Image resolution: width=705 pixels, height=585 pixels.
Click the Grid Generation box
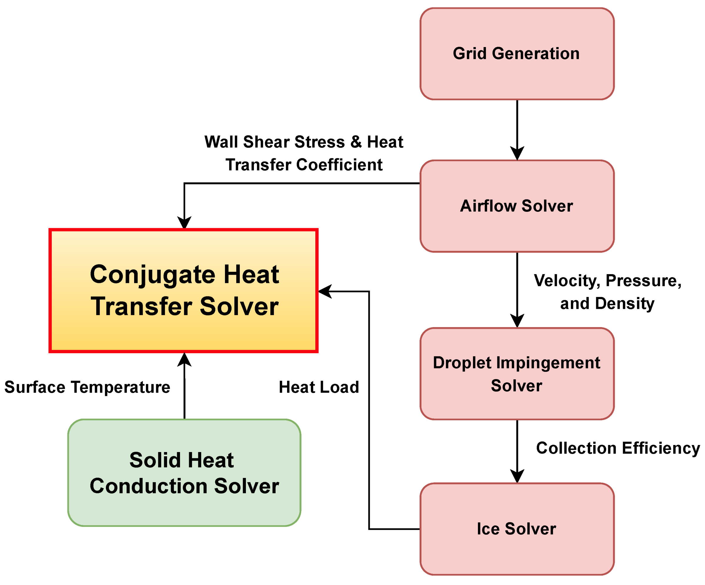tap(517, 54)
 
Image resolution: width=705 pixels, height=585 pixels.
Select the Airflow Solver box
tap(517, 206)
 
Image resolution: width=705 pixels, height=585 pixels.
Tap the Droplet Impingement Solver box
tap(517, 374)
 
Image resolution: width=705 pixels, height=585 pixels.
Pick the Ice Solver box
tap(517, 529)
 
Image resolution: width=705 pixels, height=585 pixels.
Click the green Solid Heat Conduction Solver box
tap(184, 473)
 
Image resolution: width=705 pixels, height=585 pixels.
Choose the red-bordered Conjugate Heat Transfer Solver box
tap(183, 291)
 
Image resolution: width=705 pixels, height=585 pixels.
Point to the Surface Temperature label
tap(87, 387)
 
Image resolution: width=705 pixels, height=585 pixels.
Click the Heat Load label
tap(319, 387)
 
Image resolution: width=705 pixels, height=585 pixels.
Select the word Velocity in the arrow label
tap(567, 281)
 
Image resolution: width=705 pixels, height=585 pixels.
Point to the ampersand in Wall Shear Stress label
tap(356, 142)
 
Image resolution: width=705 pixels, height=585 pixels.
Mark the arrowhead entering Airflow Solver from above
tap(517, 154)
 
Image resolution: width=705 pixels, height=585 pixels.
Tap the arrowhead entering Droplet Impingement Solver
tap(517, 321)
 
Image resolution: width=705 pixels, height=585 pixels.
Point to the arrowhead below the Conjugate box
tap(184, 360)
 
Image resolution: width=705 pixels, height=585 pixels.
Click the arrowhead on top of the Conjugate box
tap(184, 223)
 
